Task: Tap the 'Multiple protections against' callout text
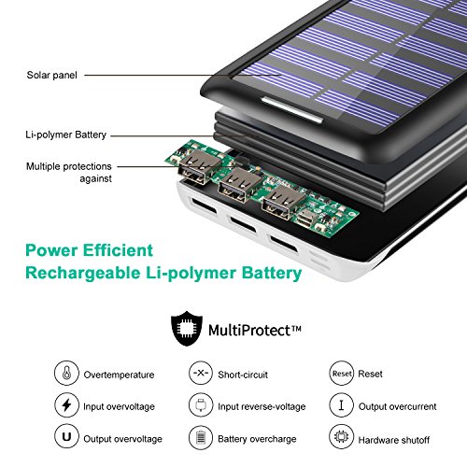click(x=71, y=173)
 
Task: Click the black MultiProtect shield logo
click(x=185, y=330)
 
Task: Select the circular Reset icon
click(x=342, y=374)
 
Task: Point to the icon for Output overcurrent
click(x=342, y=406)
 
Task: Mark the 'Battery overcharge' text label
click(x=259, y=439)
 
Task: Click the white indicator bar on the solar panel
click(x=280, y=104)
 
